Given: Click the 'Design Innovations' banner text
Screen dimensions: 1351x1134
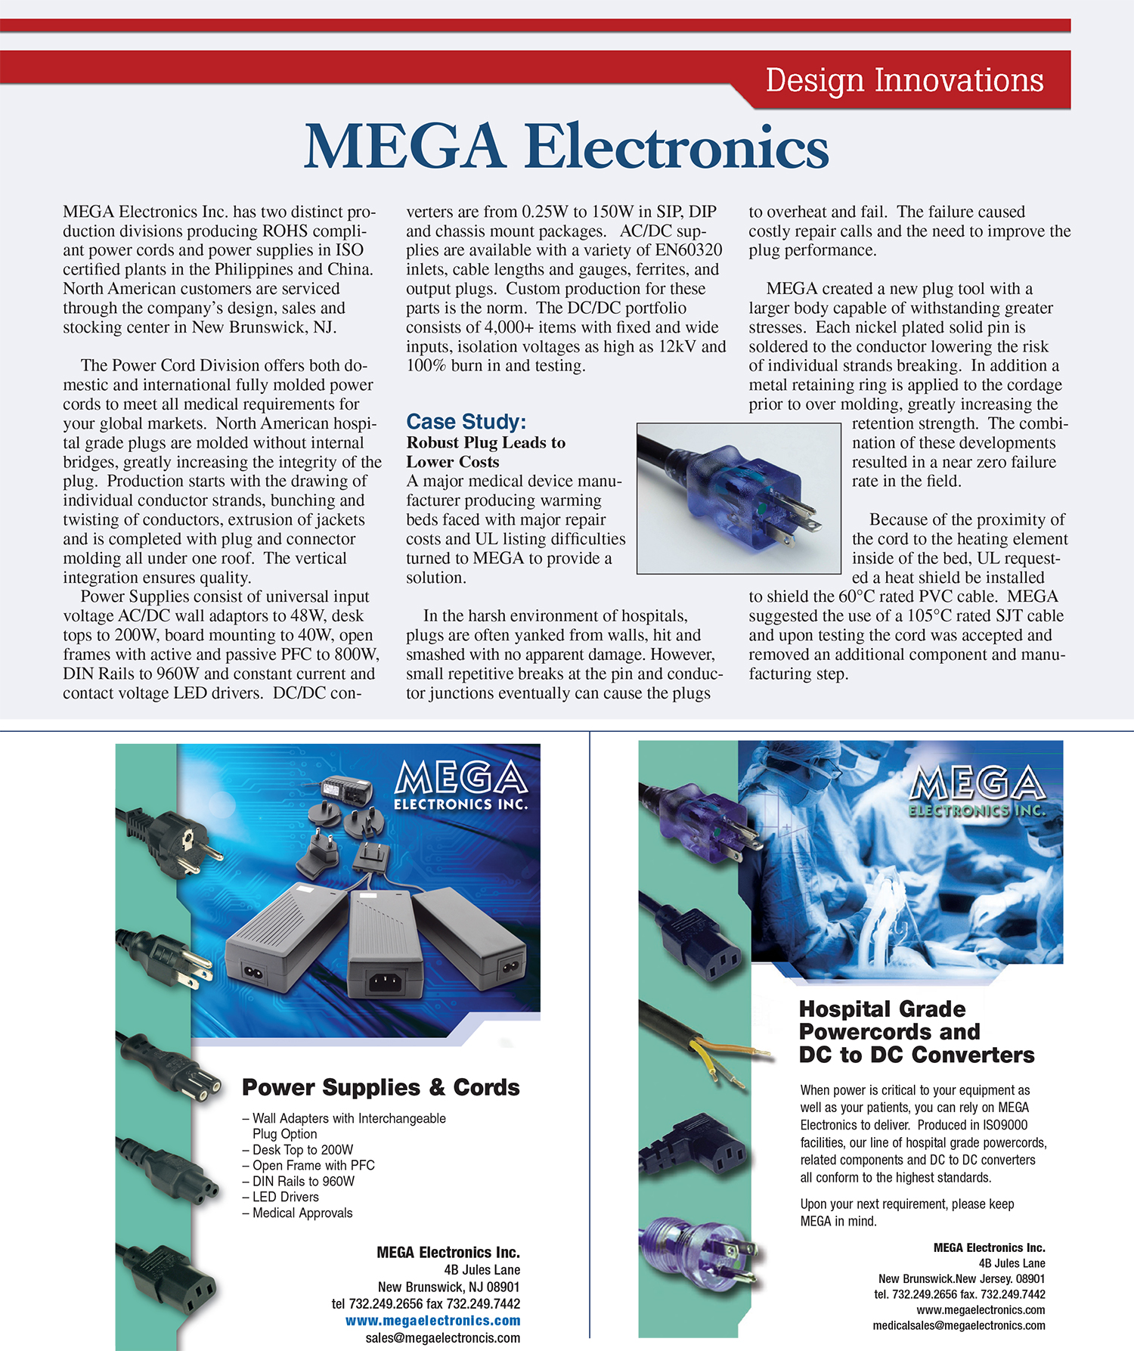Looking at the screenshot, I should tap(904, 80).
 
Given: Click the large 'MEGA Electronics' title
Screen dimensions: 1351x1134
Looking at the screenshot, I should tap(566, 147).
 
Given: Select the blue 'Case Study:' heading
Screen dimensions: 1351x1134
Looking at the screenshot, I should tap(466, 422).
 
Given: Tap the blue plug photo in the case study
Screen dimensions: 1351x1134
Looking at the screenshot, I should tap(739, 497).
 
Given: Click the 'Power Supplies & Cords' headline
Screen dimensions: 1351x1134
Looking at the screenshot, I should tap(380, 1087).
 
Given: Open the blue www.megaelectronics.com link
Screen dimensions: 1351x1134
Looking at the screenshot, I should tap(432, 1321).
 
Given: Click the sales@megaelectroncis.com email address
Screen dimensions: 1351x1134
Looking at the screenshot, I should tap(442, 1337).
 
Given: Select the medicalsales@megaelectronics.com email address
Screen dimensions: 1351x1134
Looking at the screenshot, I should tap(959, 1325).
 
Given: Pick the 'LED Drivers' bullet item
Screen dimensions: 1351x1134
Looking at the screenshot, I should tap(285, 1197).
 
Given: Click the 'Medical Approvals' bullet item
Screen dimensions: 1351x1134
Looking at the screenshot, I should tap(302, 1213).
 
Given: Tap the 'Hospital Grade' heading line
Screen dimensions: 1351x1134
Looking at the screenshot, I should tap(881, 1009).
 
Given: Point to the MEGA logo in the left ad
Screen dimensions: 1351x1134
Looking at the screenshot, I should tap(460, 786).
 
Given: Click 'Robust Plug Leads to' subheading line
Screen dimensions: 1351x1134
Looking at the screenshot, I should tap(485, 442).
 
